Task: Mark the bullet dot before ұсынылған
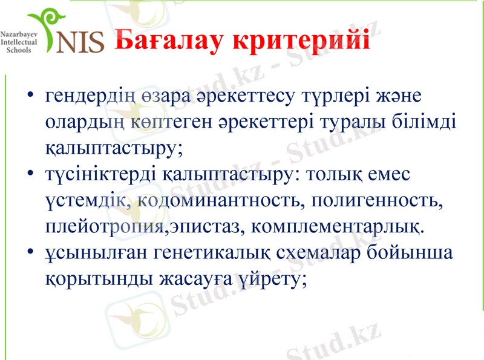(x=30, y=254)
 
